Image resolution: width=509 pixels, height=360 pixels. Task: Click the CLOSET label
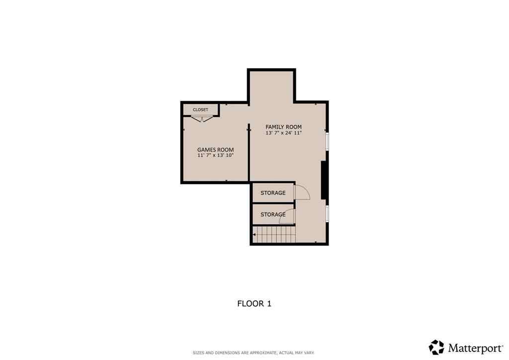pyautogui.click(x=200, y=109)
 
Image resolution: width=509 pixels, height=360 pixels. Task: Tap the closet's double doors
pyautogui.click(x=203, y=118)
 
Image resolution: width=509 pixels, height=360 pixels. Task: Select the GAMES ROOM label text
pyautogui.click(x=215, y=150)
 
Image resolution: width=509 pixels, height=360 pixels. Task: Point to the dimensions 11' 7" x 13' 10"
pyautogui.click(x=215, y=156)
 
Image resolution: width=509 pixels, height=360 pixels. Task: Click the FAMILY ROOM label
pyautogui.click(x=283, y=127)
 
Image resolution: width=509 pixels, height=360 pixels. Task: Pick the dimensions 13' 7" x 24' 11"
pyautogui.click(x=283, y=133)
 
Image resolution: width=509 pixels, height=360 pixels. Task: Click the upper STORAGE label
pyautogui.click(x=273, y=192)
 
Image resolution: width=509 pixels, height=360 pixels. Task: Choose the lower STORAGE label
pyautogui.click(x=273, y=215)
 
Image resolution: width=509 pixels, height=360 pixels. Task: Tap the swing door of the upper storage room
pyautogui.click(x=301, y=192)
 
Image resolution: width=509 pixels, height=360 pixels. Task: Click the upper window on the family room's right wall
pyautogui.click(x=327, y=140)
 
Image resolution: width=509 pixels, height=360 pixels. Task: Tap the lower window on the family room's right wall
pyautogui.click(x=327, y=212)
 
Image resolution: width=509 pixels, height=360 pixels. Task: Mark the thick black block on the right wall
pyautogui.click(x=324, y=180)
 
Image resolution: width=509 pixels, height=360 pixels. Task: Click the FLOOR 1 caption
pyautogui.click(x=254, y=303)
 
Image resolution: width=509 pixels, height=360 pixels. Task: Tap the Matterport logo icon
pyautogui.click(x=436, y=347)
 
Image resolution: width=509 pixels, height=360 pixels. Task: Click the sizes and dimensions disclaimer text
pyautogui.click(x=254, y=353)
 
